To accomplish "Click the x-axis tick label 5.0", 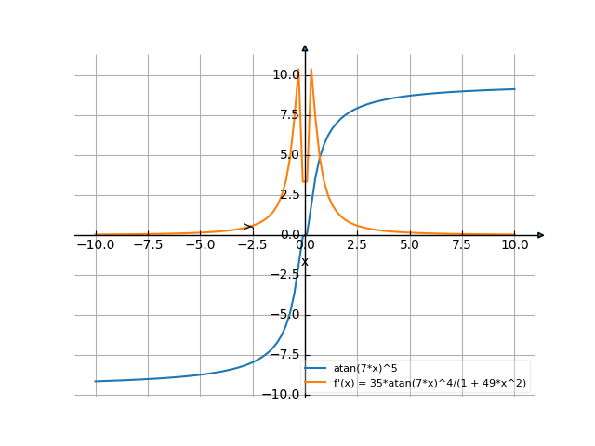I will (410, 245).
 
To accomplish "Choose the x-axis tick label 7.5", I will (462, 245).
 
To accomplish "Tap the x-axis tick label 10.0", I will (514, 245).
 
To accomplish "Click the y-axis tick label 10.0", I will (285, 74).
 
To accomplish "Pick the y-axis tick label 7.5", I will (288, 115).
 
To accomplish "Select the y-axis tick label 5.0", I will (288, 155).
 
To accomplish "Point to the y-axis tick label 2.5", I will (288, 195).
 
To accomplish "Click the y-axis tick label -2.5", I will (285, 275).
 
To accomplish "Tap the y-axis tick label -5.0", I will (285, 315).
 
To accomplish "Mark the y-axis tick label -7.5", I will (285, 355).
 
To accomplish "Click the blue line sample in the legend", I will (317, 369).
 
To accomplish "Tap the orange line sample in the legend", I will (317, 383).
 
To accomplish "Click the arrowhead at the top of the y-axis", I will (305, 46).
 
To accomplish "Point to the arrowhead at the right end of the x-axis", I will (541, 235).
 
